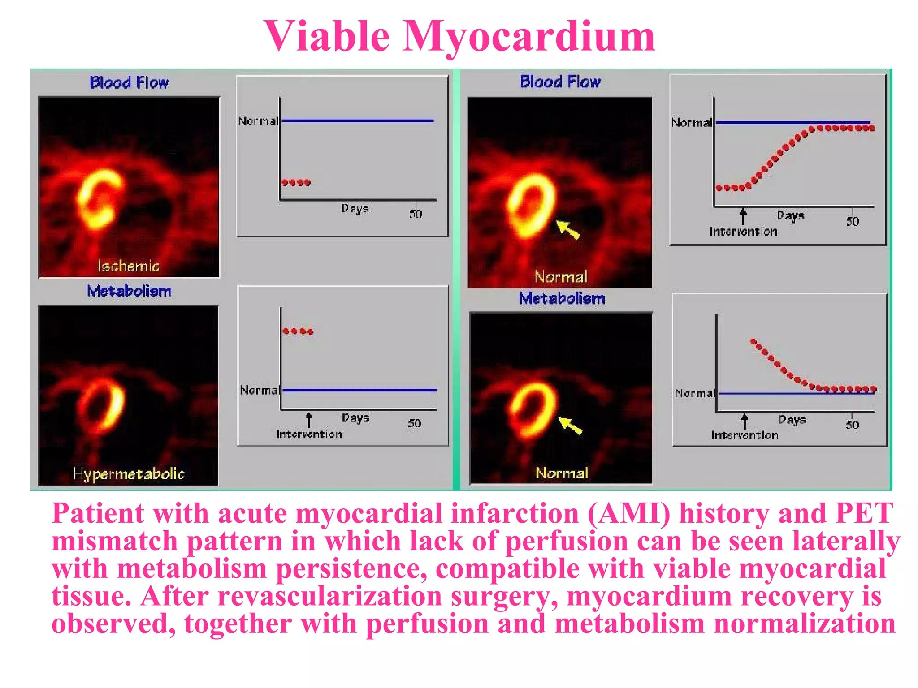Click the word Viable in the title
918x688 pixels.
(x=326, y=37)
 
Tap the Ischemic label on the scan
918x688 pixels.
(x=128, y=267)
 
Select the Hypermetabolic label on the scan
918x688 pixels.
(x=129, y=474)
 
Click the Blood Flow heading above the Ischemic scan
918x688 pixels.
(x=129, y=82)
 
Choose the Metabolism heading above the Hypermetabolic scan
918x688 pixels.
(x=129, y=291)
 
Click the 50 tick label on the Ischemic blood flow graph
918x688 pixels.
(x=416, y=214)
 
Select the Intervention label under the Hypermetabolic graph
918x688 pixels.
(x=309, y=434)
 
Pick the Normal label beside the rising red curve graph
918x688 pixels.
(x=692, y=123)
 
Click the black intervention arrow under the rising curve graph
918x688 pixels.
(x=743, y=216)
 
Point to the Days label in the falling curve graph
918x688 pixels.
(x=792, y=420)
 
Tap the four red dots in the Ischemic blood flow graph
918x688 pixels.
(x=296, y=182)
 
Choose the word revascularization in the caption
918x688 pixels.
(x=330, y=597)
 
